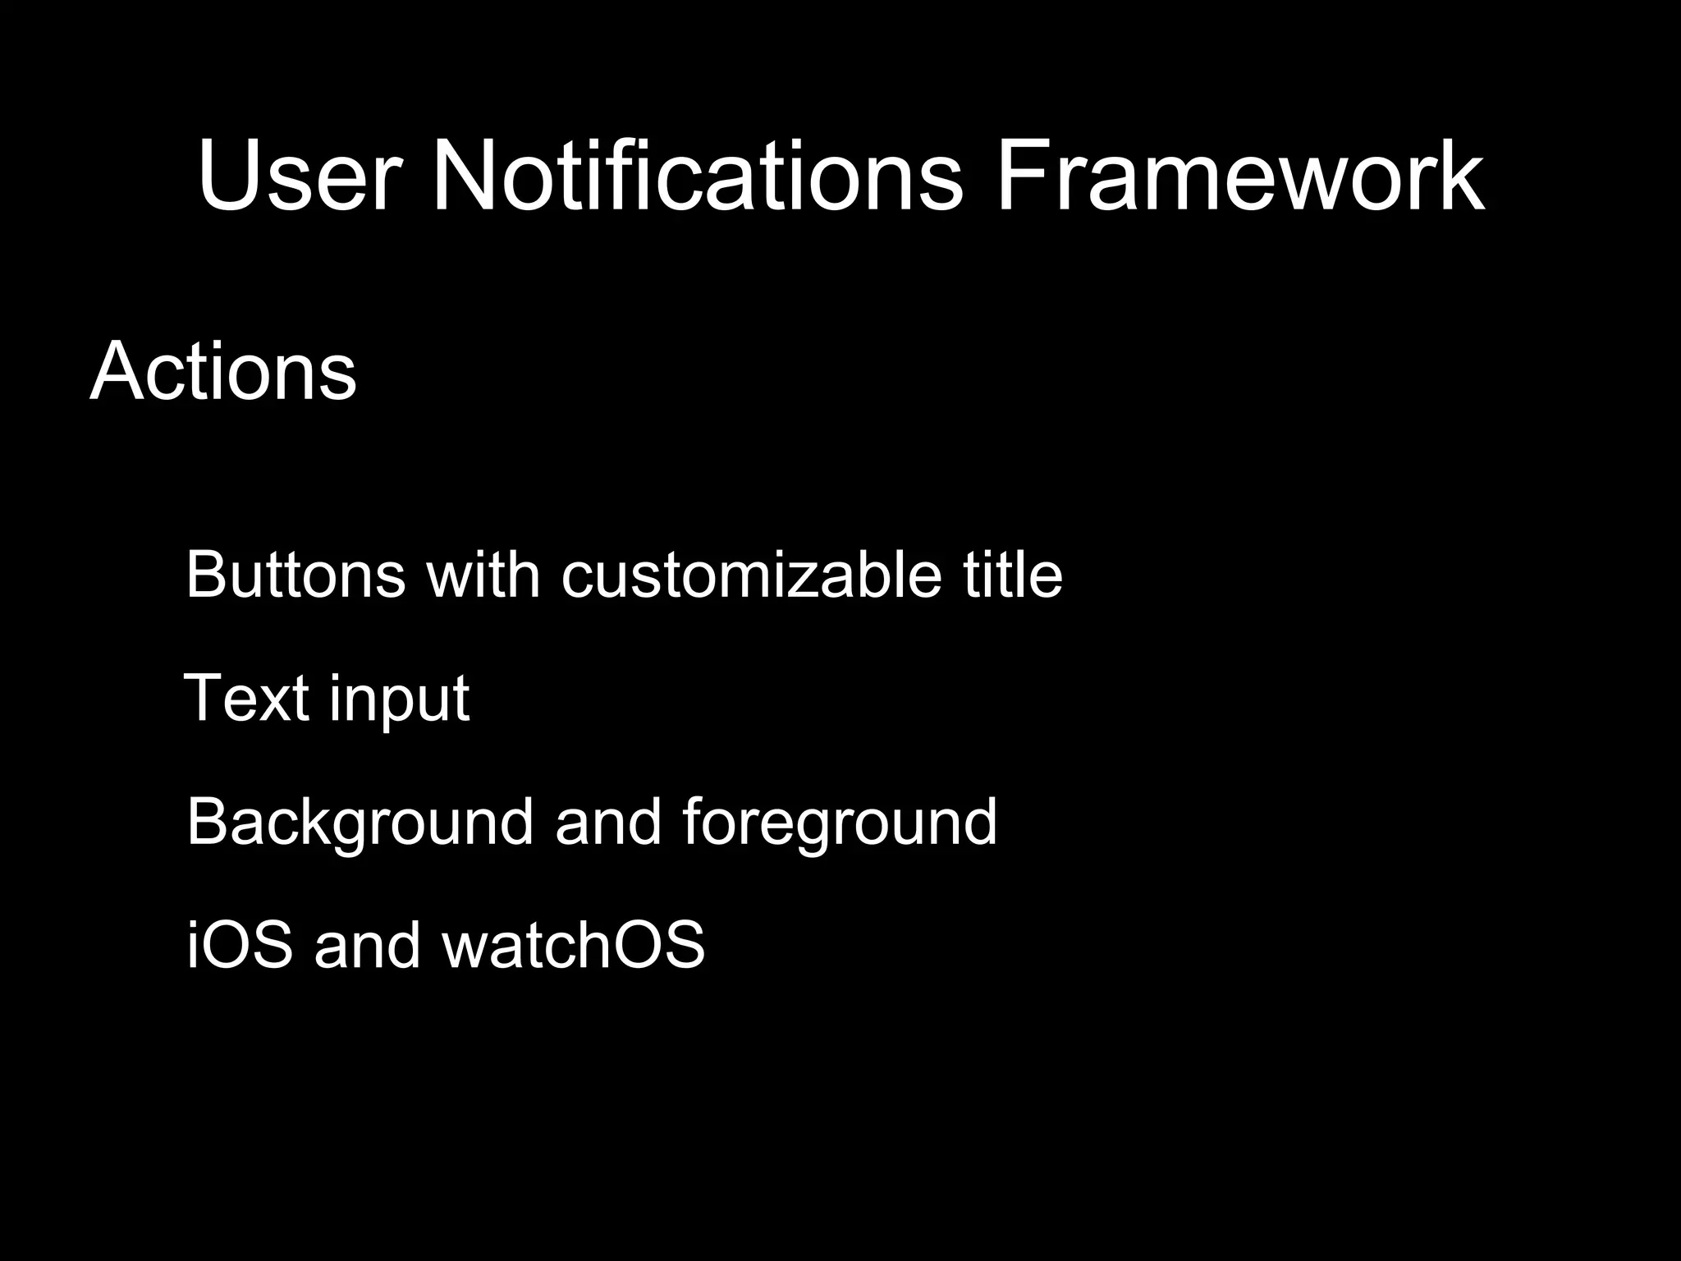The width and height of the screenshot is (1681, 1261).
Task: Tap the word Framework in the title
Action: click(x=1239, y=176)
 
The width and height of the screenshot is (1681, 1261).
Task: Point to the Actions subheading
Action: click(x=223, y=371)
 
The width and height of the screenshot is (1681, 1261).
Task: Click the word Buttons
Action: click(x=295, y=574)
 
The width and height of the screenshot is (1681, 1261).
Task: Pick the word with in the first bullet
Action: click(x=483, y=574)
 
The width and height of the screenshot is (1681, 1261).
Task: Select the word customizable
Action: click(x=751, y=574)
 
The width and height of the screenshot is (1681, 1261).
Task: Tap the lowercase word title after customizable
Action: click(x=1013, y=574)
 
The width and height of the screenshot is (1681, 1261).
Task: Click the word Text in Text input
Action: click(x=246, y=698)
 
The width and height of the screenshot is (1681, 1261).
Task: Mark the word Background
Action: click(x=360, y=823)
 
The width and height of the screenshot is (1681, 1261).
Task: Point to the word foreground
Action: click(x=839, y=823)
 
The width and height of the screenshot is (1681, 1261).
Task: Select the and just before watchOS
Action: click(x=367, y=944)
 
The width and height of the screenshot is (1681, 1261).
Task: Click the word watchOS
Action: click(x=573, y=944)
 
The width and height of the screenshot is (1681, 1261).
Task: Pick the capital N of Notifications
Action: click(x=464, y=176)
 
